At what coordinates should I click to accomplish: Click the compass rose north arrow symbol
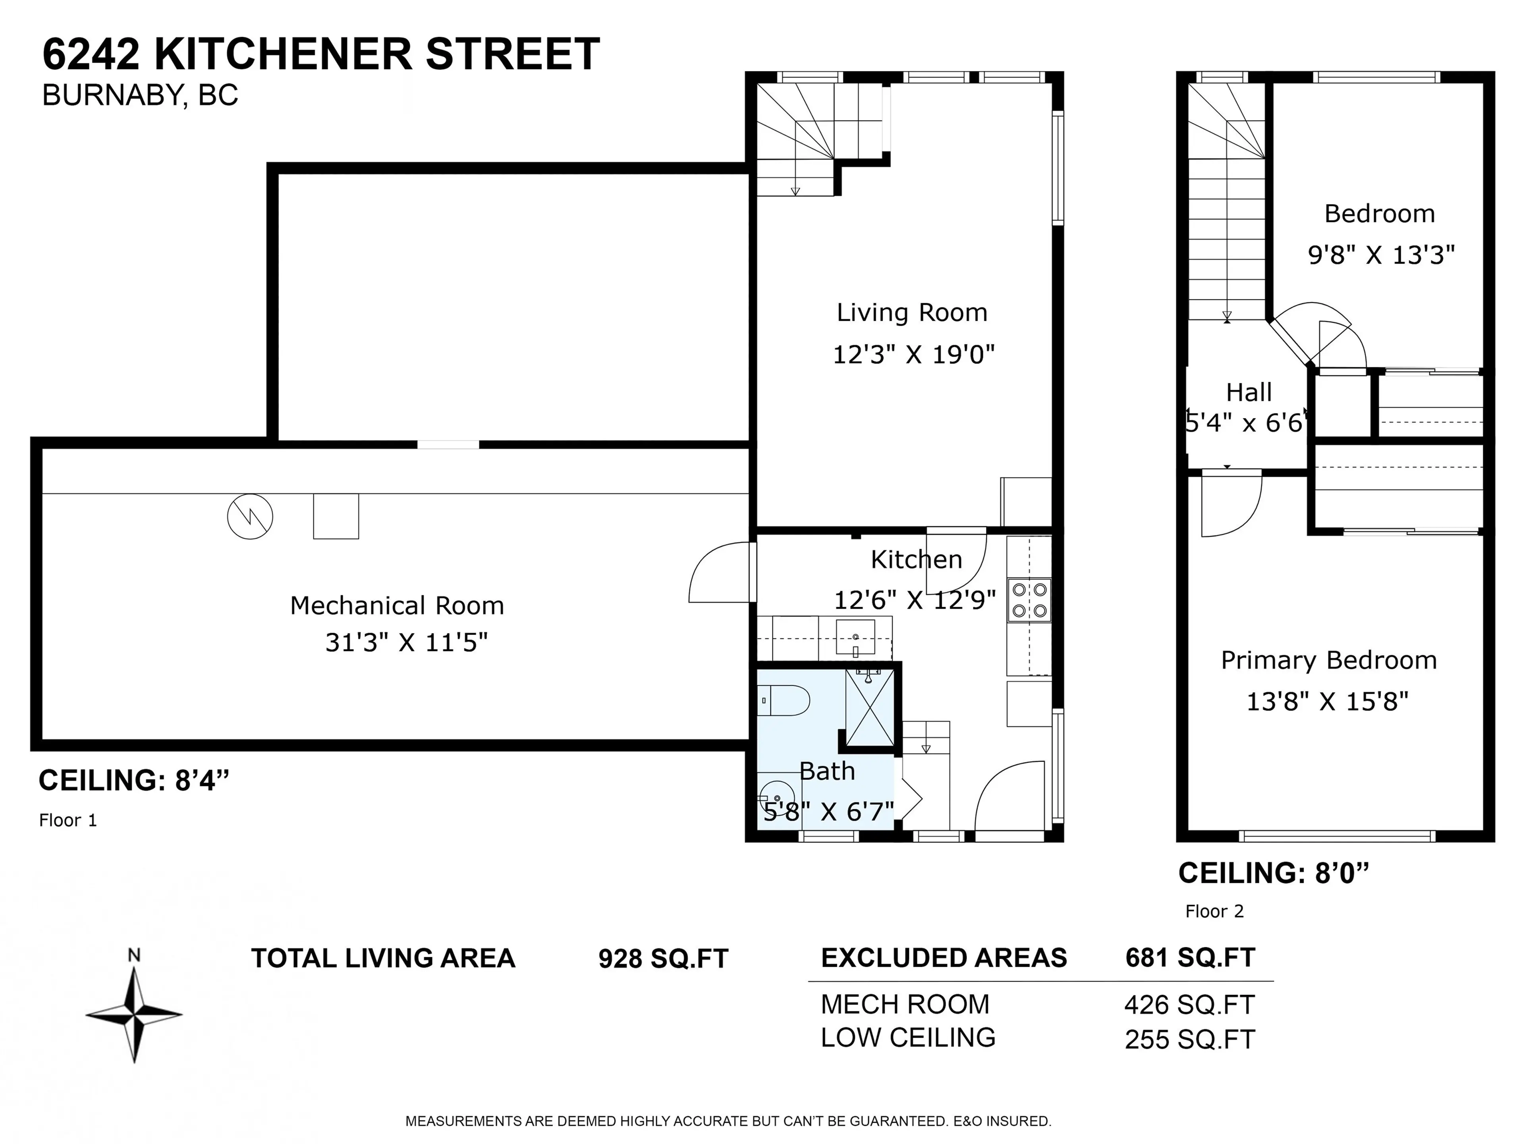point(134,1014)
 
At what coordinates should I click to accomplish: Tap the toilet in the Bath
point(786,701)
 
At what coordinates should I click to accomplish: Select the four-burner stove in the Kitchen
point(1029,600)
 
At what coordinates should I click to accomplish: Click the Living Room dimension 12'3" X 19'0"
point(913,354)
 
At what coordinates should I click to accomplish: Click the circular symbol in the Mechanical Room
point(250,516)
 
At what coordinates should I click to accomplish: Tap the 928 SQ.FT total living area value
point(662,958)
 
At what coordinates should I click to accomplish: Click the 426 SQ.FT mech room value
point(1189,1005)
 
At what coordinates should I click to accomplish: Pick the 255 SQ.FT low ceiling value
point(1189,1039)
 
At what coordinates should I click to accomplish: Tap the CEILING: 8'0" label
point(1273,873)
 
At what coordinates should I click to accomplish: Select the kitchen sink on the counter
point(855,636)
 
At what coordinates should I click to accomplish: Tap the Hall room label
point(1249,392)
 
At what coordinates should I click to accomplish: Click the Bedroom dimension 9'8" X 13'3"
point(1381,255)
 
